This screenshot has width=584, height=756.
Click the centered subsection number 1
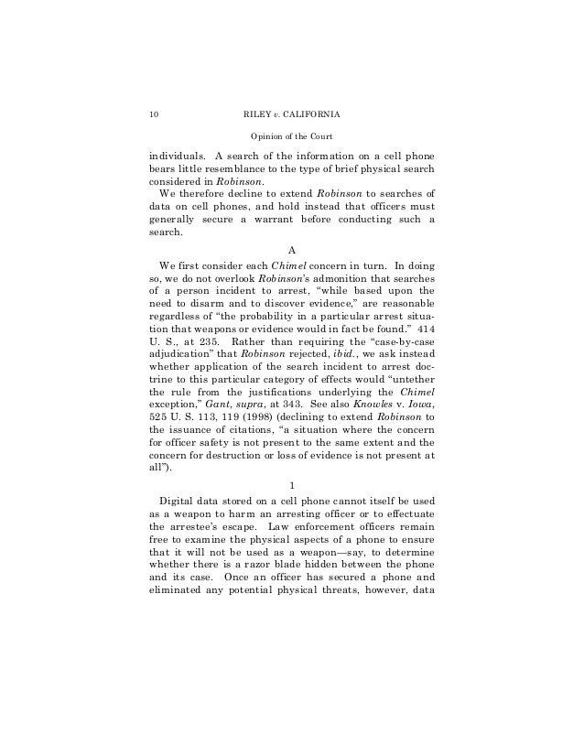291,486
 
